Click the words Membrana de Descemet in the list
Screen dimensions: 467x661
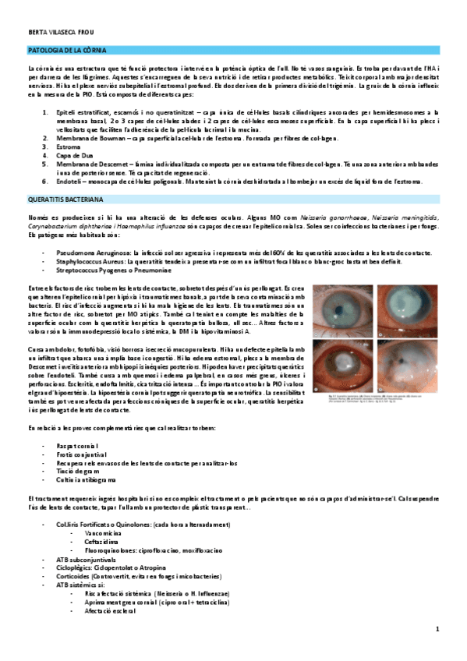click(89, 164)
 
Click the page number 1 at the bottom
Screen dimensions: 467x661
click(438, 629)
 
